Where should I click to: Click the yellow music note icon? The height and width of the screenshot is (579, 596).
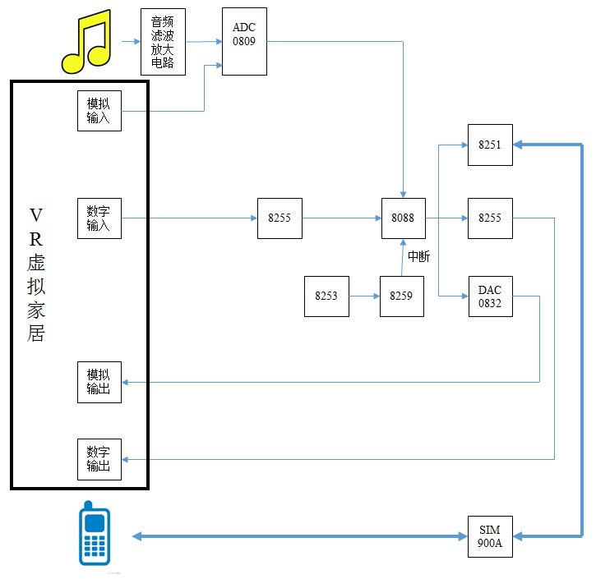[86, 41]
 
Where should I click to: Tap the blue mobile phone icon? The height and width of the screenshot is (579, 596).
[94, 533]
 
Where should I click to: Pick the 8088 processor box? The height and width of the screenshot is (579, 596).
[403, 218]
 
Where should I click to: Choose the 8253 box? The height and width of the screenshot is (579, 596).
[326, 296]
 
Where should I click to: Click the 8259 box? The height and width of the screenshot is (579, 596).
[401, 296]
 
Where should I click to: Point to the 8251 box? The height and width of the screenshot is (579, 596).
[489, 145]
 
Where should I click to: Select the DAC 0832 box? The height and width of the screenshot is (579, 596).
[489, 296]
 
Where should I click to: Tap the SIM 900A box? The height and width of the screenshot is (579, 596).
[489, 536]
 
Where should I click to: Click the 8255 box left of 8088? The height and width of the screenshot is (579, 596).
[280, 218]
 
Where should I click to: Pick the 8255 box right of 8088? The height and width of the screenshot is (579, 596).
[489, 218]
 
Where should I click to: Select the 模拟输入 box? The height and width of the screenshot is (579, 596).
[99, 111]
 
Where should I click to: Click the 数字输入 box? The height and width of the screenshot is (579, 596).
[99, 218]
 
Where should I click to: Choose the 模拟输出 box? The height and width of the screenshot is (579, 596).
[99, 382]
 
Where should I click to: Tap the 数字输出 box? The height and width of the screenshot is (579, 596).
[99, 459]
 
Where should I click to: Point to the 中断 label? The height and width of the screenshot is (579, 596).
[418, 257]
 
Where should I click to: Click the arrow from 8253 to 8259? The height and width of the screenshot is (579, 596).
[364, 296]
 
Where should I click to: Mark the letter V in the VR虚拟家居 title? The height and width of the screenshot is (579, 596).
[35, 215]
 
